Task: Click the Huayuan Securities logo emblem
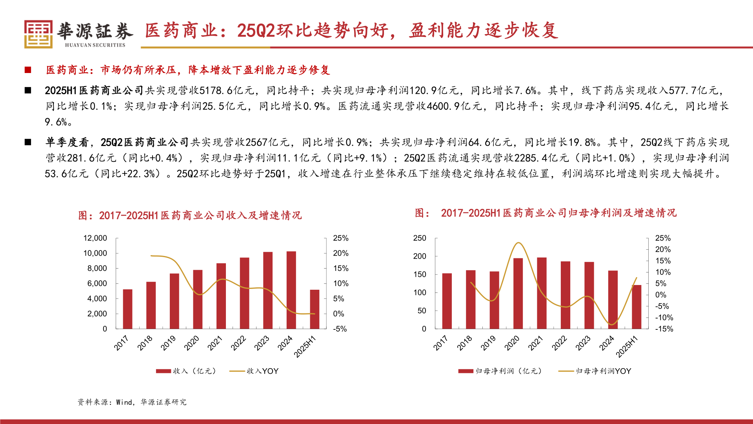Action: point(38,34)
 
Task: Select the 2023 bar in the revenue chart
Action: point(268,290)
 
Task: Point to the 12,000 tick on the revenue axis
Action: point(95,238)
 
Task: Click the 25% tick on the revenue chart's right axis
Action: point(340,238)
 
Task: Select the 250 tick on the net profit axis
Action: point(419,238)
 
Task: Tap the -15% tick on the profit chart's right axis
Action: point(664,329)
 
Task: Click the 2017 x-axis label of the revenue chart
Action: point(121,343)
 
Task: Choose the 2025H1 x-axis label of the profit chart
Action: point(627,347)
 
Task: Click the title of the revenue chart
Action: point(190,215)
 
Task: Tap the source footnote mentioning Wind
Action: point(132,402)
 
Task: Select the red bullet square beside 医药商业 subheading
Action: point(28,70)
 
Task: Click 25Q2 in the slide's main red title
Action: point(256,31)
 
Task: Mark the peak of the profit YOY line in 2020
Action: point(518,243)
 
